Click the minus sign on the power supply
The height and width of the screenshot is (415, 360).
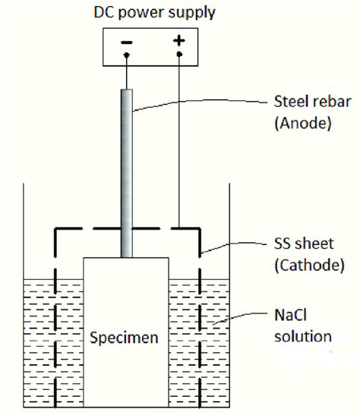pos(127,42)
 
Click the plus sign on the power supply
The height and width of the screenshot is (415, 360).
pos(179,41)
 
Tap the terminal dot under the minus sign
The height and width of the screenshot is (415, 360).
pos(127,55)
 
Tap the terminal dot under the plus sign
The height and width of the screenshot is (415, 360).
pos(179,55)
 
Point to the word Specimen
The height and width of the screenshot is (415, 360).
pos(124,338)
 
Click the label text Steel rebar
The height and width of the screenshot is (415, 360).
pos(313,102)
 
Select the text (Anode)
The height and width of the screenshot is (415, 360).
pos(303,124)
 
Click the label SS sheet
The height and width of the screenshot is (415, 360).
pos(304,244)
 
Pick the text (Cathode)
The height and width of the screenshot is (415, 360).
pos(309,266)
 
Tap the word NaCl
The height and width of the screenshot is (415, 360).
pos(290,315)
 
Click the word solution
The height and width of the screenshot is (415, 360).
pos(303,336)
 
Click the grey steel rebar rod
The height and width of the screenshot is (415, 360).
pos(127,173)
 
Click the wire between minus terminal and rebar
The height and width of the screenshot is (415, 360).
pos(127,73)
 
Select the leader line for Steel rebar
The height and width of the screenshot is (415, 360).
pos(199,102)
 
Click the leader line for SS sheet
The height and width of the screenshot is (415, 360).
pos(233,244)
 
